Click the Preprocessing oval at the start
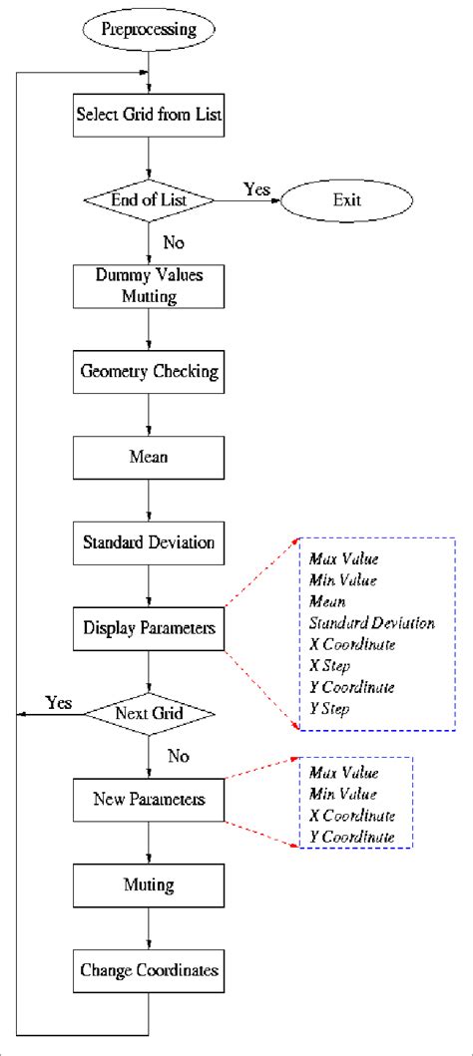pyautogui.click(x=149, y=29)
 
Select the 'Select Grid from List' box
pyautogui.click(x=149, y=114)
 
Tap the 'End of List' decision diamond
pyautogui.click(x=149, y=200)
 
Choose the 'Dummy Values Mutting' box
pyautogui.click(x=149, y=287)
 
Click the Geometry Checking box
pyautogui.click(x=149, y=372)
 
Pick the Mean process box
pyautogui.click(x=149, y=457)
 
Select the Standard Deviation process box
pyautogui.click(x=149, y=543)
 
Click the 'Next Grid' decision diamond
pyautogui.click(x=149, y=714)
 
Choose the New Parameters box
pyautogui.click(x=149, y=799)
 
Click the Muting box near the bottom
pyautogui.click(x=149, y=883)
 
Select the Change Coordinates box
pyautogui.click(x=149, y=968)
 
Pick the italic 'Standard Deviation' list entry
pyautogui.click(x=371, y=623)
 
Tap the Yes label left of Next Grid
pyautogui.click(x=59, y=703)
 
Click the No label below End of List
pyautogui.click(x=173, y=241)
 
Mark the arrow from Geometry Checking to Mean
pyautogui.click(x=149, y=414)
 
